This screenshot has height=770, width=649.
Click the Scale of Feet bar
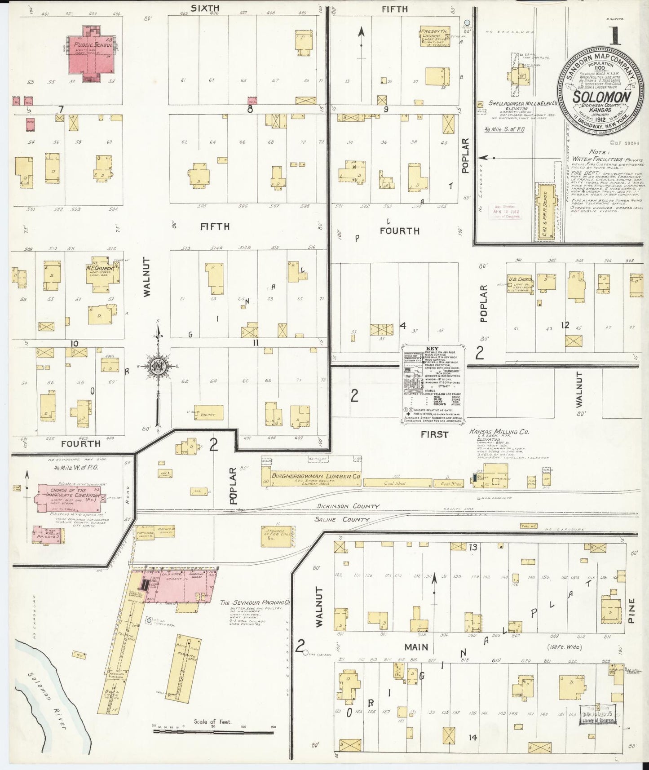(x=213, y=731)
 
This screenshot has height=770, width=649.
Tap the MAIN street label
(x=415, y=647)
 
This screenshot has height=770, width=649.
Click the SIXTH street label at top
(x=204, y=8)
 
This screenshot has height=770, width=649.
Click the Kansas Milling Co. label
(x=499, y=432)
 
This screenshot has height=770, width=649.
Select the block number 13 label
(x=472, y=547)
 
